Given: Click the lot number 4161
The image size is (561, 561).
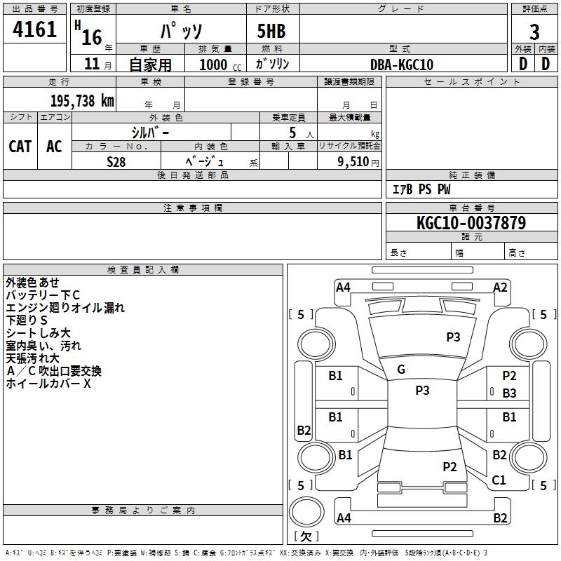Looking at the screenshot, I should [34, 29].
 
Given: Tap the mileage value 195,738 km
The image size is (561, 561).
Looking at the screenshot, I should [82, 100].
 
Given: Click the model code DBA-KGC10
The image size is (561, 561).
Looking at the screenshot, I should [402, 65].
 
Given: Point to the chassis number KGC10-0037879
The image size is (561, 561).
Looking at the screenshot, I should [471, 223].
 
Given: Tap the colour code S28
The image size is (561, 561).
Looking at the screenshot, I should [116, 161].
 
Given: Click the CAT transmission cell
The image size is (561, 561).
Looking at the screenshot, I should [20, 147].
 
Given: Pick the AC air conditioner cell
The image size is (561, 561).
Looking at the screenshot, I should [54, 147].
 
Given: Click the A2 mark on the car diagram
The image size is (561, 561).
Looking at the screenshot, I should [500, 287].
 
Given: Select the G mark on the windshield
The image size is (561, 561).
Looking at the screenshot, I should [401, 370].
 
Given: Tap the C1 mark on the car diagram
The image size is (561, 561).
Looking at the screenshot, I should [499, 480].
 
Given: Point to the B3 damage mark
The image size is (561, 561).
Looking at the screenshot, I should [509, 393].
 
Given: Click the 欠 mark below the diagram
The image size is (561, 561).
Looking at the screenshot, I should [306, 536].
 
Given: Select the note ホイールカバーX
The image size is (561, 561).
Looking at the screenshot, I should [48, 384].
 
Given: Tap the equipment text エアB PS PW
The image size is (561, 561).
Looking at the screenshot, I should [421, 189].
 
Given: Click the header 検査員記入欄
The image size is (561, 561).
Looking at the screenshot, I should [143, 269].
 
